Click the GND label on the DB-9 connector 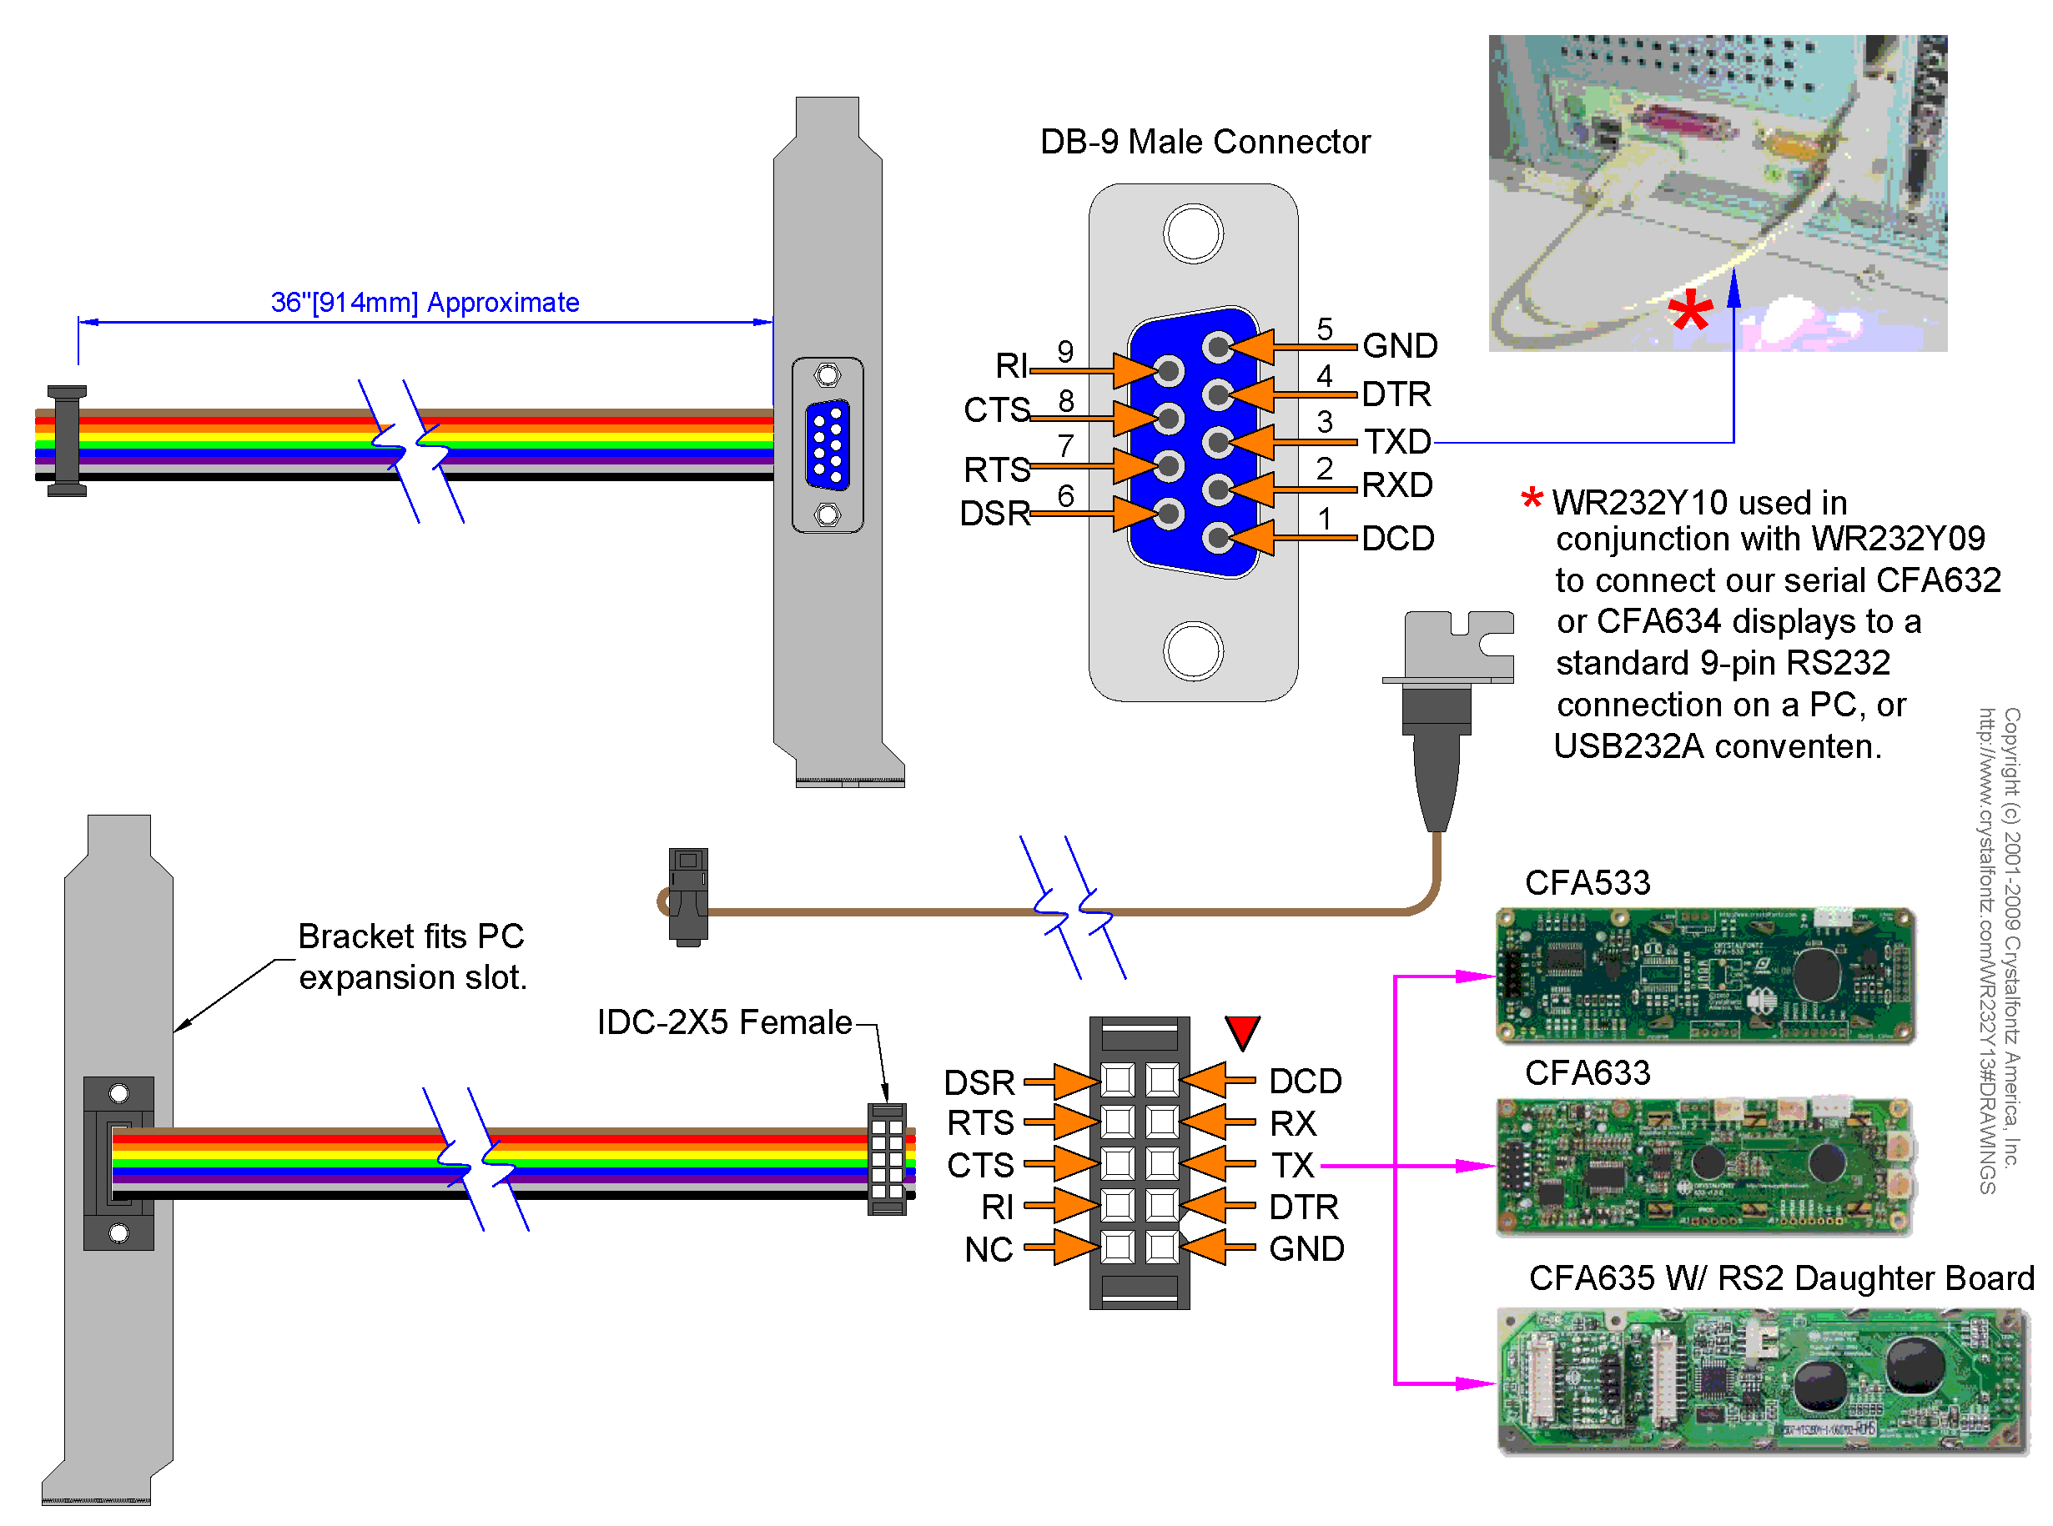[1399, 345]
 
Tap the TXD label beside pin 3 [1397, 442]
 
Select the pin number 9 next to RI [1064, 351]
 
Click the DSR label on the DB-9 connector [994, 513]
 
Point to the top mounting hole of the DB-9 [1192, 233]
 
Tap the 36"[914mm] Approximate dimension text [424, 302]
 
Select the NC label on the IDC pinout [988, 1249]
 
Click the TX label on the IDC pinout [1291, 1165]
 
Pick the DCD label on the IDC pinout [1304, 1081]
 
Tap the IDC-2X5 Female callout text [723, 1022]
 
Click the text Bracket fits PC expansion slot [411, 956]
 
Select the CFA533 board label [1586, 882]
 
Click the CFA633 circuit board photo [1703, 1166]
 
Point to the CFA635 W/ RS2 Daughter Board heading [1779, 1278]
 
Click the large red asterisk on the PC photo [1689, 311]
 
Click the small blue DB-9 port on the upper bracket [827, 444]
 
